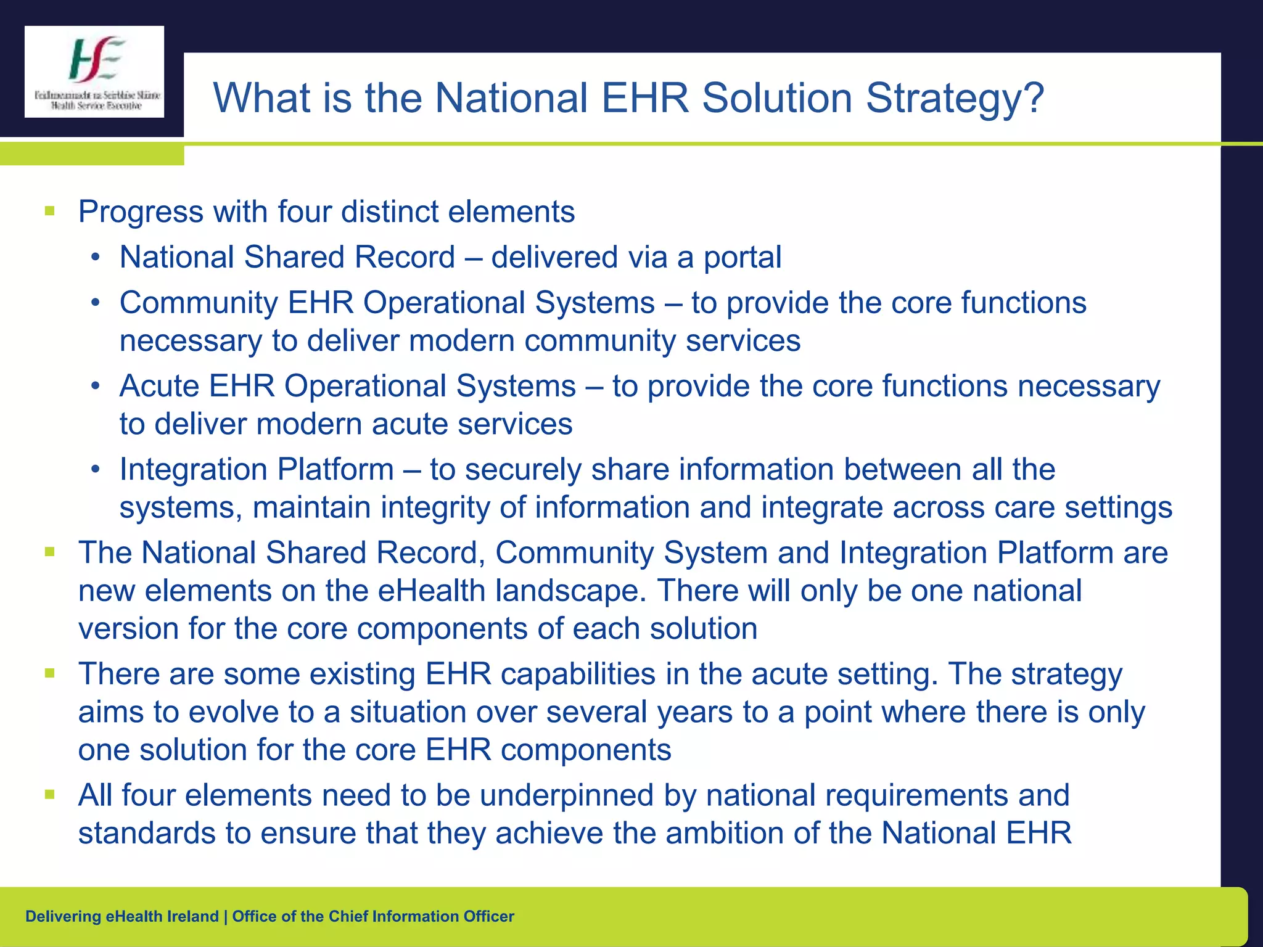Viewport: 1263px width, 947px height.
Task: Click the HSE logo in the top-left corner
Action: [x=94, y=72]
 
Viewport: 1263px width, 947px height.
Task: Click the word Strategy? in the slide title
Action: [x=955, y=99]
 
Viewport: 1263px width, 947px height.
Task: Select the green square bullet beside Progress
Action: [x=50, y=211]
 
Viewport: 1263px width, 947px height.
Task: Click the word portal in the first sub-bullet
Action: [x=743, y=258]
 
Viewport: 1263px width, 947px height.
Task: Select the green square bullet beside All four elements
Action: [x=50, y=795]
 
